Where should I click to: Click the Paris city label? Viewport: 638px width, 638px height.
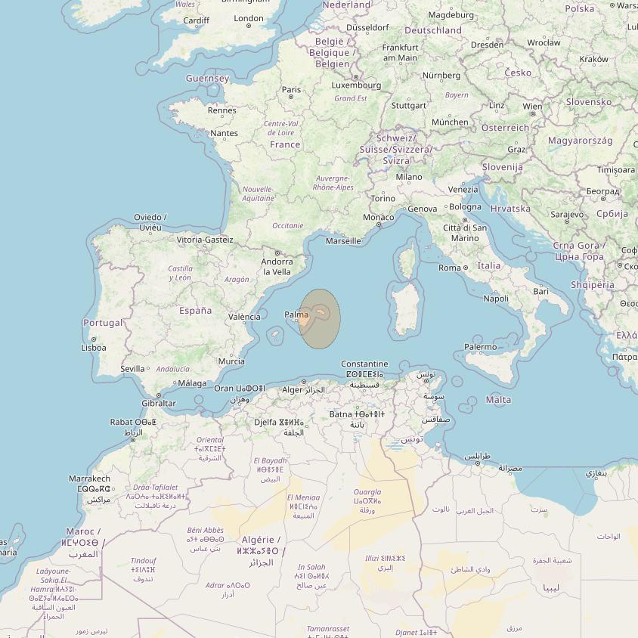(291, 89)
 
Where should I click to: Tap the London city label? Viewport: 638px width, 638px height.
(249, 18)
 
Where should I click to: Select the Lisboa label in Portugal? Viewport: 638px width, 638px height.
(94, 348)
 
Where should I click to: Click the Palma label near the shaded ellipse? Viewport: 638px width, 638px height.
(296, 314)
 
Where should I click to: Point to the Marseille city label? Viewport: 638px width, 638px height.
(343, 241)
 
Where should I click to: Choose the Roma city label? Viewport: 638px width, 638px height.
(450, 268)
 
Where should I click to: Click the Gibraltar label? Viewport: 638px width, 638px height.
(159, 403)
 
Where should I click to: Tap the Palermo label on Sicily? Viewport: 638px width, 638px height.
(481, 347)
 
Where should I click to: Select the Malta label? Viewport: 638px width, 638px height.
(498, 399)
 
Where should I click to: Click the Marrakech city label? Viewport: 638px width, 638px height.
(89, 478)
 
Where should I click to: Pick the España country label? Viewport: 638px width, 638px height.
(195, 311)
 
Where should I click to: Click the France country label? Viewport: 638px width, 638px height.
(285, 144)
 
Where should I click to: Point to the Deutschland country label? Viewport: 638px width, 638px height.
(433, 30)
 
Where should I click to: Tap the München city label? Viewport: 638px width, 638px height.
(450, 122)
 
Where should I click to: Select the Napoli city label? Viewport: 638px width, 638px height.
(496, 299)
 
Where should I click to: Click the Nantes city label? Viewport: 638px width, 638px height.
(225, 133)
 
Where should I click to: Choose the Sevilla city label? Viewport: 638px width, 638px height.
(132, 369)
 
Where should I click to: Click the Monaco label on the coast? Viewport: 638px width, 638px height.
(379, 217)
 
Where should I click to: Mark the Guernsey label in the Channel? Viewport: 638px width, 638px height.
(208, 79)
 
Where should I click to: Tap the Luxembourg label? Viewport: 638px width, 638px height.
(356, 85)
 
